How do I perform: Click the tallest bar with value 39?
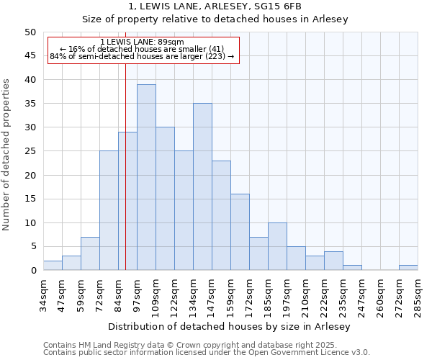click(x=146, y=177)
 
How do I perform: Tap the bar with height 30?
click(x=165, y=199)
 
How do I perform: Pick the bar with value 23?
click(x=221, y=215)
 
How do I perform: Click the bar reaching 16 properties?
click(x=240, y=232)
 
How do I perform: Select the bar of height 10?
click(x=277, y=246)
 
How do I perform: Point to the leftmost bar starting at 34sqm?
click(x=53, y=266)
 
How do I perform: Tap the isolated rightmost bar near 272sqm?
click(x=408, y=268)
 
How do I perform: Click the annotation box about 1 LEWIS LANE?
click(x=143, y=50)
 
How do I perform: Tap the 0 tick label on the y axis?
click(x=32, y=271)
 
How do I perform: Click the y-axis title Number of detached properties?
click(x=7, y=155)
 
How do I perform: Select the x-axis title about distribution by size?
click(x=230, y=327)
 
